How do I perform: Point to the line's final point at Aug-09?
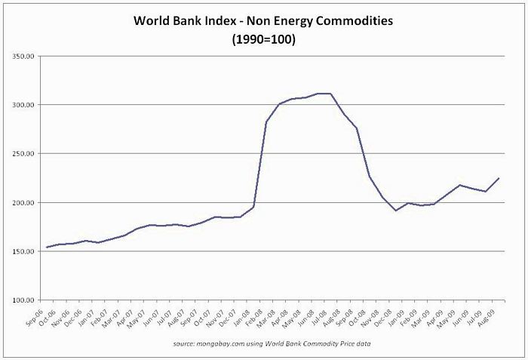tap(499, 178)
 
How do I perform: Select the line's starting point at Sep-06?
tap(47, 248)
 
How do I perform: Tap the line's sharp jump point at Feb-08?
tap(266, 122)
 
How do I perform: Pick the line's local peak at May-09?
tap(460, 185)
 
